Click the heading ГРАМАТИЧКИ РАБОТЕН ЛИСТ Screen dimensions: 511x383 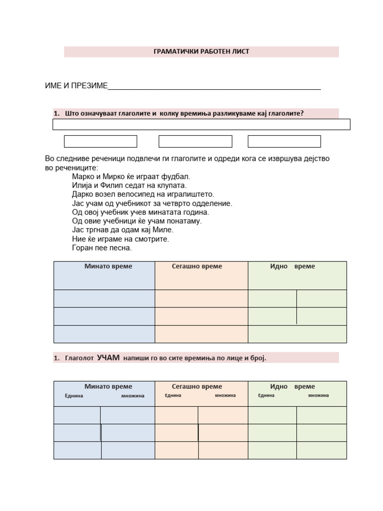[x=201, y=51]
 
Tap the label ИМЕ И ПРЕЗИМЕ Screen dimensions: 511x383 [x=76, y=86]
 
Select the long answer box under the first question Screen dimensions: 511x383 [x=201, y=124]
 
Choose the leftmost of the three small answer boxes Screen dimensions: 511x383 [x=101, y=141]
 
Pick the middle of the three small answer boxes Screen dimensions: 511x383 [x=195, y=141]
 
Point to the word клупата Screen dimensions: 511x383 [x=174, y=186]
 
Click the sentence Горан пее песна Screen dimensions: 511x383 [x=102, y=248]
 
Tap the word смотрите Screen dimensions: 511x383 [x=153, y=239]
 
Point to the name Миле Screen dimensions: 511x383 [x=164, y=230]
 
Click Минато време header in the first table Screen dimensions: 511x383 [x=108, y=266]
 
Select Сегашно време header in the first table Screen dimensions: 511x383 [x=197, y=266]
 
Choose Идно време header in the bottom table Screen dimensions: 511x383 [x=292, y=387]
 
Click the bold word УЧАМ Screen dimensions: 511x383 [x=108, y=358]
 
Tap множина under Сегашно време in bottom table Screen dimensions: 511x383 [x=225, y=396]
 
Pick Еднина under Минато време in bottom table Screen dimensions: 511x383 [x=74, y=396]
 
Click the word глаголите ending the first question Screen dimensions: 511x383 [x=285, y=113]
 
